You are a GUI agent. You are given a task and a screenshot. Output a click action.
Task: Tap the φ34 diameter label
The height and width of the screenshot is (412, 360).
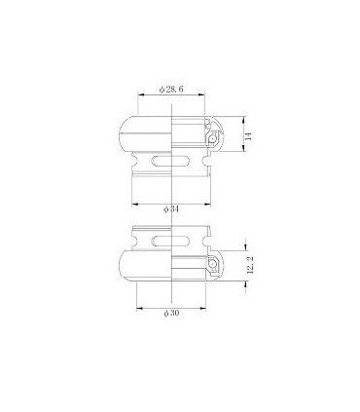(171, 209)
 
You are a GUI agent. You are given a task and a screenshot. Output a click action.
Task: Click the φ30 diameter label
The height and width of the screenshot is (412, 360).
(171, 312)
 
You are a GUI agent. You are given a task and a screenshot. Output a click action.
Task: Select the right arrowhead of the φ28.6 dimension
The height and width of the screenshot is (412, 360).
(200, 96)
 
